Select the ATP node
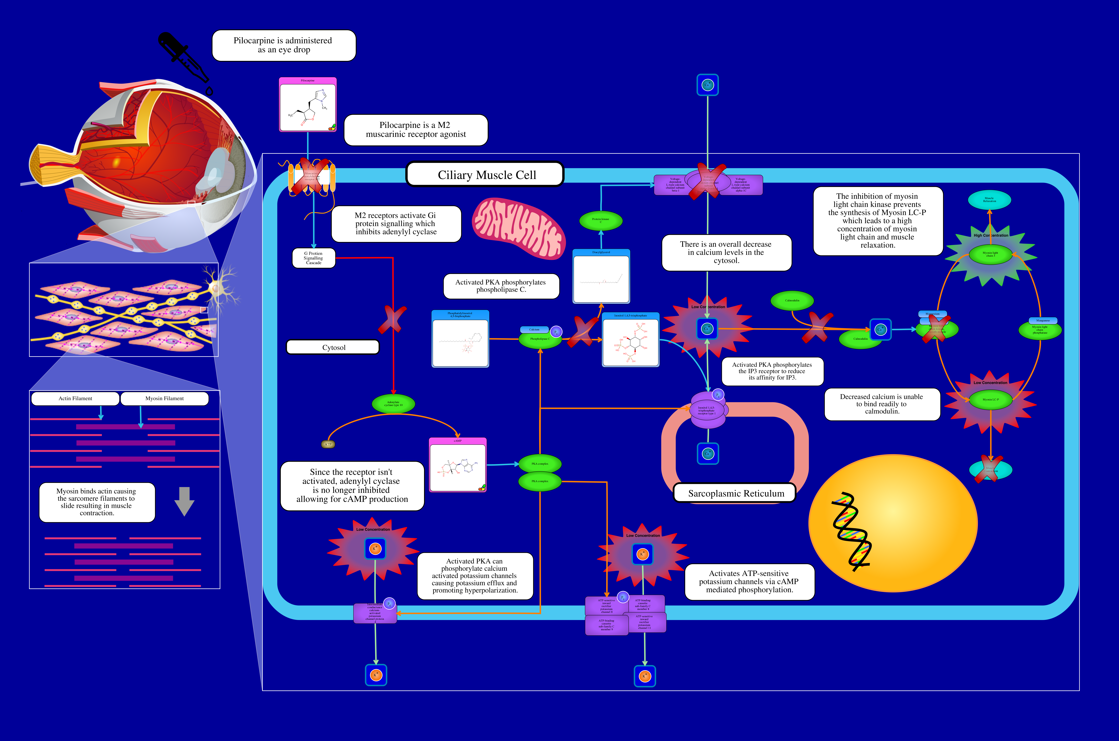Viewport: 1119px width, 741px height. (328, 444)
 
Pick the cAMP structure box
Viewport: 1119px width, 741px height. (457, 466)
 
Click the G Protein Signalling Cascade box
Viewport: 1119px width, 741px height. (314, 258)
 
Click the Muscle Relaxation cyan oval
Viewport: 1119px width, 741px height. (990, 200)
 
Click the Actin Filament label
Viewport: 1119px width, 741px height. (75, 398)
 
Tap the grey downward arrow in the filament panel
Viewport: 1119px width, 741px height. (184, 501)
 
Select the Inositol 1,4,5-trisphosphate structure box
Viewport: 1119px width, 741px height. (630, 340)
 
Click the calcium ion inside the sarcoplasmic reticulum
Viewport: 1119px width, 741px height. (707, 454)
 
